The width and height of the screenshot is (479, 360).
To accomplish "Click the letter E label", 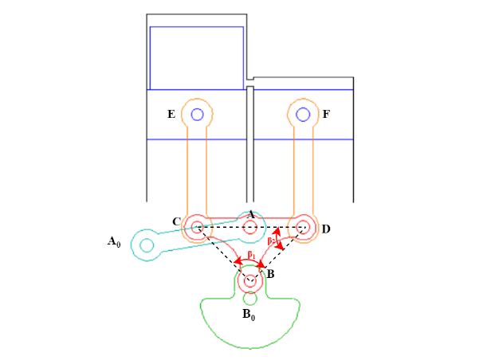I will (x=171, y=115).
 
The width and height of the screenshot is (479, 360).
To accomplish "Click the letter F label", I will (x=326, y=115).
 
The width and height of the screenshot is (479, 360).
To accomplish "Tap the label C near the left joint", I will (x=176, y=221).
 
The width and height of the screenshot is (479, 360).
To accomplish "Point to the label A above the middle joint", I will (x=250, y=214).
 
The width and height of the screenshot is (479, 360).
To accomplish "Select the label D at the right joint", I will (x=326, y=229).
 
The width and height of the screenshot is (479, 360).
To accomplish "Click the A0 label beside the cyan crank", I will (x=114, y=240).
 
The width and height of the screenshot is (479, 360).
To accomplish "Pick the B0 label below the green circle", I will (x=249, y=314).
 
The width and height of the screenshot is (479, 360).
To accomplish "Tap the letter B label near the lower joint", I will (x=270, y=274).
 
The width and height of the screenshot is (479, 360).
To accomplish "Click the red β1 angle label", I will (x=251, y=255).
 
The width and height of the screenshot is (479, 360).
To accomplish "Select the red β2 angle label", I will (x=272, y=240).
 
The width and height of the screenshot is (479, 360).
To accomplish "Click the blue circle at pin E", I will (x=197, y=114).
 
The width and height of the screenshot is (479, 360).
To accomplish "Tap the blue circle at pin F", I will (x=303, y=114).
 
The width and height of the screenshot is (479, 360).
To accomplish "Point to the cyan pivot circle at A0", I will (x=147, y=245).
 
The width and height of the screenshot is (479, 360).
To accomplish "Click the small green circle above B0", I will (x=251, y=299).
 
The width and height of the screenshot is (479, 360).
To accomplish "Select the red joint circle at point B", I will (x=251, y=280).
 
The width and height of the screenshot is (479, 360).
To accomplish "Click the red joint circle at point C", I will (x=197, y=228).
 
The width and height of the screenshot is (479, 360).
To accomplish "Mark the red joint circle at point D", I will (x=303, y=228).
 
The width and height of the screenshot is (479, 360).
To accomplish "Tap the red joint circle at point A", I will (x=250, y=228).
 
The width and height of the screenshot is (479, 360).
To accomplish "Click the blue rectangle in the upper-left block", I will (x=196, y=57).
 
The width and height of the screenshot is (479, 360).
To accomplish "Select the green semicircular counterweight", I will (x=251, y=327).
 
